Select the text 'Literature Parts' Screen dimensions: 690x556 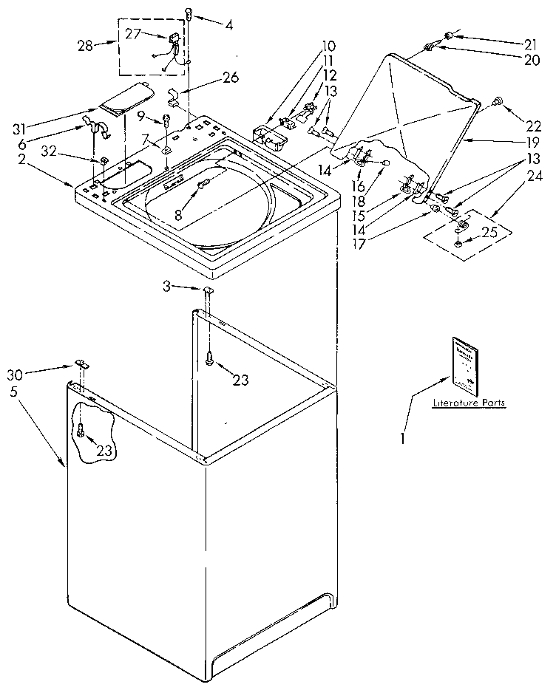click(469, 403)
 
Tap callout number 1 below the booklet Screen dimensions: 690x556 click(403, 437)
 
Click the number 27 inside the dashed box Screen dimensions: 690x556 click(132, 33)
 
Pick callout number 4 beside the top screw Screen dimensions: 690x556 click(229, 25)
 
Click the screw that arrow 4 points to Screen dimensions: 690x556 click(190, 12)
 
